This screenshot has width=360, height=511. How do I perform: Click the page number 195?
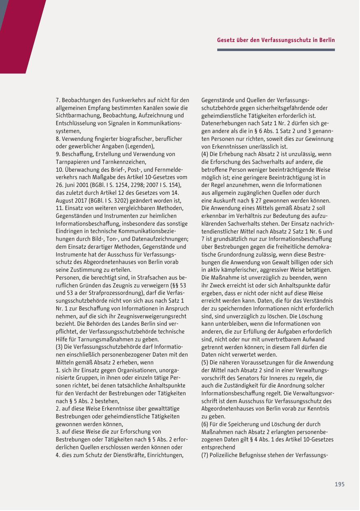[x=339, y=485]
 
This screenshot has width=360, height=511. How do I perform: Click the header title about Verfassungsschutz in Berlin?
[x=276, y=40]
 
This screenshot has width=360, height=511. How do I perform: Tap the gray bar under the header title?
[x=276, y=50]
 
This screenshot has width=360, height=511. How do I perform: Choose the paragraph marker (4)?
[x=205, y=154]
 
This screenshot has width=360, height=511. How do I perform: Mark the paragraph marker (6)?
[x=205, y=424]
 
